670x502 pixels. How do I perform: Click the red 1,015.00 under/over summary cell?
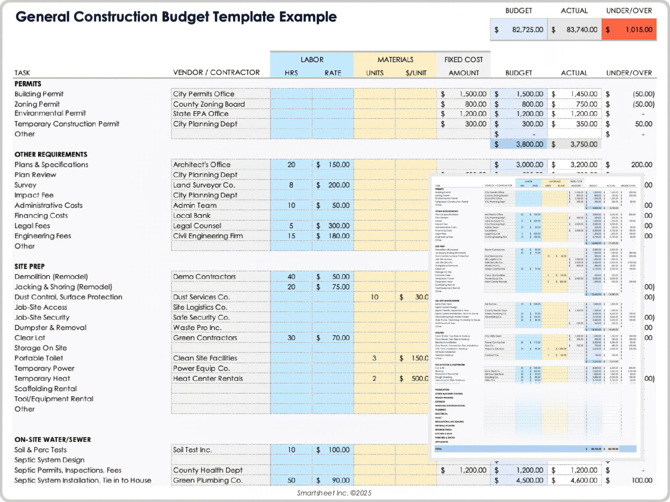(x=630, y=30)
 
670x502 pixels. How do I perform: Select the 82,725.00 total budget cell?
(x=519, y=30)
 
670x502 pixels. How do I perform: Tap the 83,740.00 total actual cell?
(x=574, y=30)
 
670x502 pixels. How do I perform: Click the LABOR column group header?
(x=312, y=60)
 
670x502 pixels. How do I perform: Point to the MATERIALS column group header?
(x=395, y=60)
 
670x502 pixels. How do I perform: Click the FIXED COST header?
(x=463, y=60)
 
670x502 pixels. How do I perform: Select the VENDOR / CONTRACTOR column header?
(x=216, y=73)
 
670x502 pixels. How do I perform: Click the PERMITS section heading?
(x=28, y=84)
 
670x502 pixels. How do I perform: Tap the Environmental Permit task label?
(x=50, y=113)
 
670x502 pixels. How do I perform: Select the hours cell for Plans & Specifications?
(x=291, y=165)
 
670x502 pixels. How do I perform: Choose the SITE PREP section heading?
(x=30, y=266)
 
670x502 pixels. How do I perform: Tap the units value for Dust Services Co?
(x=374, y=297)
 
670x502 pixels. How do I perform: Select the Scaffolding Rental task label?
(x=45, y=389)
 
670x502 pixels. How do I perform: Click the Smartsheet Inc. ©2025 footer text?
(x=334, y=493)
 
